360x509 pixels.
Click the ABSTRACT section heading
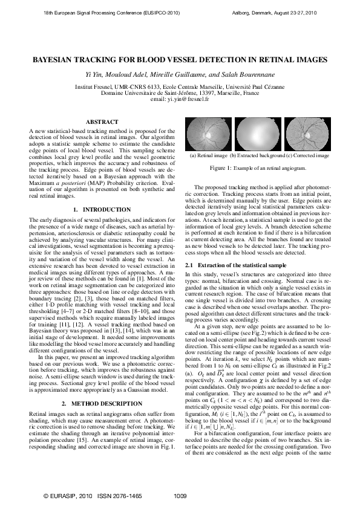point(102,122)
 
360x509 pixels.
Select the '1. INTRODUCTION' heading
point(102,209)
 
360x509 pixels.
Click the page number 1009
point(180,496)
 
